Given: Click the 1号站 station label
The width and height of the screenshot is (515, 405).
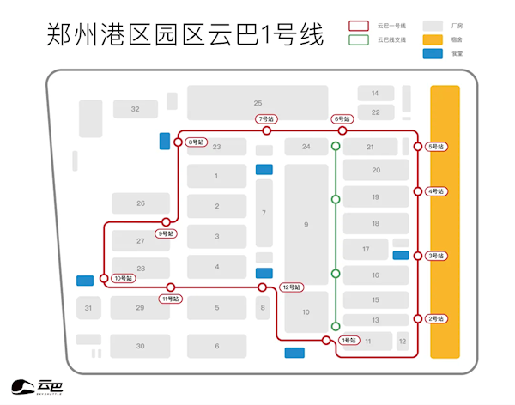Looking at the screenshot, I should tap(348, 341).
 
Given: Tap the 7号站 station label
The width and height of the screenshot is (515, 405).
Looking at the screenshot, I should tap(266, 119).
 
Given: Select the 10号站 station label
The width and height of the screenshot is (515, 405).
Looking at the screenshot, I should tap(124, 278).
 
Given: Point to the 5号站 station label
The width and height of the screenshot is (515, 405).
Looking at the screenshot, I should tap(437, 147).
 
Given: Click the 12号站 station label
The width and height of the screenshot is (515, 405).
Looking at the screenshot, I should tap(292, 287).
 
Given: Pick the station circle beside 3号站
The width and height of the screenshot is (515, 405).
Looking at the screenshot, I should tap(418, 256).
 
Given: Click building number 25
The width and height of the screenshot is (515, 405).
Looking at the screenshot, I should tap(257, 102).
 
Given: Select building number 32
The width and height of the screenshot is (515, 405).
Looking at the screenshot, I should tap(135, 109).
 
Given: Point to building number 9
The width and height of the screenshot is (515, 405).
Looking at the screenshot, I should tap(306, 225).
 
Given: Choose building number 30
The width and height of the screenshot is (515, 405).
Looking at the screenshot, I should tap(140, 346).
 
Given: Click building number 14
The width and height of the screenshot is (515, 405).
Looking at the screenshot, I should tap(375, 93).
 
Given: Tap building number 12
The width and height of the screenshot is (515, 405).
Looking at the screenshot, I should tap(402, 342).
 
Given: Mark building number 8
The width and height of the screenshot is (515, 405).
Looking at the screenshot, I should tap(263, 306).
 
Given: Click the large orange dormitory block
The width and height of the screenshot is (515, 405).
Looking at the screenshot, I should tap(445, 221).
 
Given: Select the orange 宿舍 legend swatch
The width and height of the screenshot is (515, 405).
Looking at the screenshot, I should tap(436, 39).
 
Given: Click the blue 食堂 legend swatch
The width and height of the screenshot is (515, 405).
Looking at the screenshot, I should tap(436, 53).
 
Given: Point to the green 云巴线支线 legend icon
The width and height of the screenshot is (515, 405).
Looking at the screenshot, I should tap(360, 39).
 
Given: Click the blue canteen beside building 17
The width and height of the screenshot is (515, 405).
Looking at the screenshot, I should tap(400, 255).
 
